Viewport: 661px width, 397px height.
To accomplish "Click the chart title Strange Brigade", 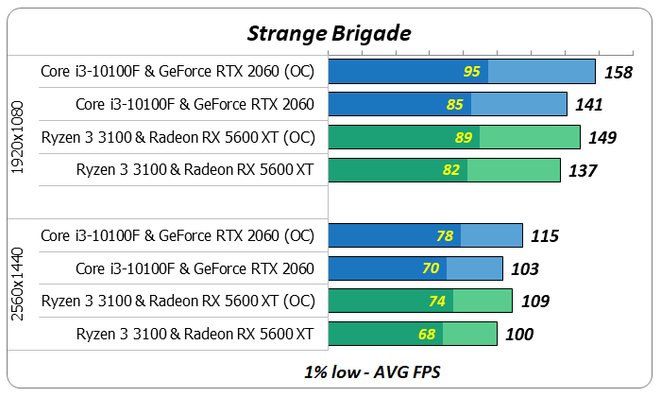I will (330, 33).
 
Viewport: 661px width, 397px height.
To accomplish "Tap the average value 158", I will (618, 72).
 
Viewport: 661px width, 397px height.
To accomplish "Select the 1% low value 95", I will (473, 72).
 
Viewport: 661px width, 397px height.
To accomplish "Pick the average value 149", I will (602, 138).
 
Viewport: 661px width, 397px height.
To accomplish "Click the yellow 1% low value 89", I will (464, 138).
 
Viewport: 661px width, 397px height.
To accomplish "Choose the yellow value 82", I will (451, 171).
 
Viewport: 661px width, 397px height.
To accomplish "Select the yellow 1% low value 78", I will (444, 236).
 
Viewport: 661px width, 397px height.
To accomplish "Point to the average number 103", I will (525, 268).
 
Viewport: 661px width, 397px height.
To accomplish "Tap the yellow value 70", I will (432, 268).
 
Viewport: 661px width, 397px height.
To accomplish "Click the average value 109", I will (534, 302).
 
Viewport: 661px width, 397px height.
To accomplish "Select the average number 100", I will (518, 334).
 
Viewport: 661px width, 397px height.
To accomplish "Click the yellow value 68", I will (428, 334).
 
